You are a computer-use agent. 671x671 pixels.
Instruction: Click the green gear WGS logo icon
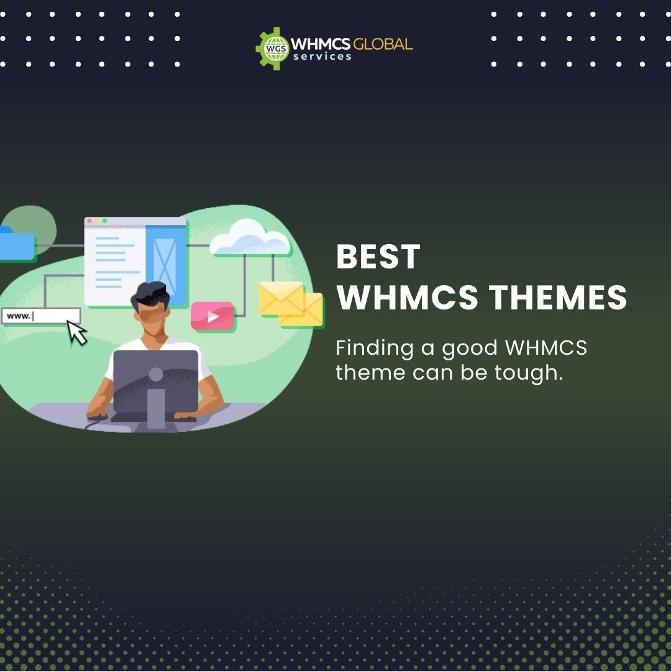(x=272, y=48)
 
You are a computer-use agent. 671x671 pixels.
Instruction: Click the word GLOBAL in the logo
(x=383, y=44)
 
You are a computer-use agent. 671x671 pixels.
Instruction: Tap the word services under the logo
(x=322, y=57)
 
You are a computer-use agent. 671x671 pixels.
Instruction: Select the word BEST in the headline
(x=378, y=257)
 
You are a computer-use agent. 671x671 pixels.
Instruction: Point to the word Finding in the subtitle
(x=374, y=349)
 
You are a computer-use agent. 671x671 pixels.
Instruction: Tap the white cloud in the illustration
(x=250, y=239)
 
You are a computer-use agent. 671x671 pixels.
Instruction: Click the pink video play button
(x=212, y=316)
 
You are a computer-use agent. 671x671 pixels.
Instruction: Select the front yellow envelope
(x=281, y=298)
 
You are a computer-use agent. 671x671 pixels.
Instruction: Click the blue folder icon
(x=16, y=245)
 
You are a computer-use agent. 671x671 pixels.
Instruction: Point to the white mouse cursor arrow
(x=77, y=332)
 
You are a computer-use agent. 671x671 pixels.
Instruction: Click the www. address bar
(x=41, y=316)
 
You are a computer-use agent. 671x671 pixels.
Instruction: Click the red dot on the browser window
(x=89, y=221)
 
